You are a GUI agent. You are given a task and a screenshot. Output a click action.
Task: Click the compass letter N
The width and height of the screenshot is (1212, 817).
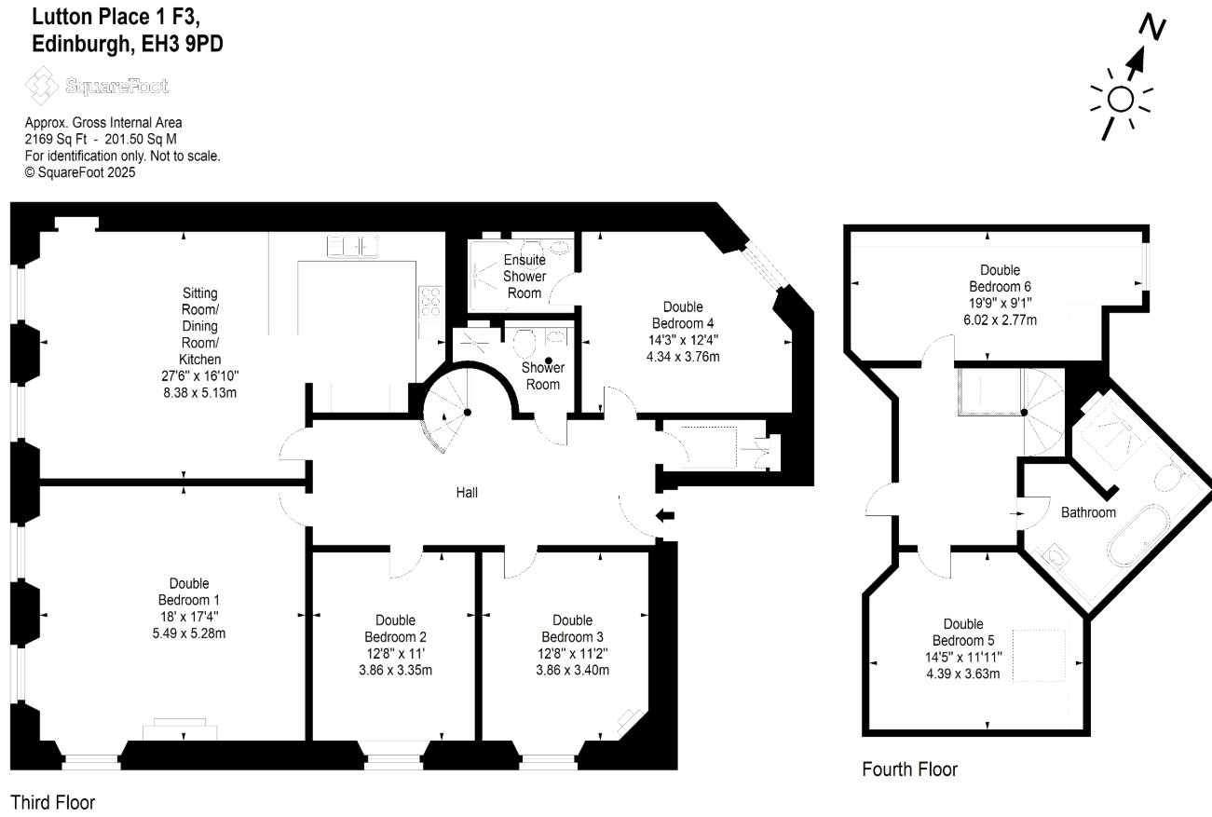pyautogui.click(x=1152, y=26)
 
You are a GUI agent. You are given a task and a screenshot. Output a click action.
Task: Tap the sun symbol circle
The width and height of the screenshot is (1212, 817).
pyautogui.click(x=1121, y=100)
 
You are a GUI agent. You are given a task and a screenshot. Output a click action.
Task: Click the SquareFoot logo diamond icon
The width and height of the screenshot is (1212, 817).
pyautogui.click(x=41, y=86)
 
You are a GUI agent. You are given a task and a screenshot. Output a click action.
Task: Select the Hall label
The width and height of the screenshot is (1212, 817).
pyautogui.click(x=467, y=493)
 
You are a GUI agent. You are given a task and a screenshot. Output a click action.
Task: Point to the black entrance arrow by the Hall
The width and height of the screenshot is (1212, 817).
pyautogui.click(x=665, y=515)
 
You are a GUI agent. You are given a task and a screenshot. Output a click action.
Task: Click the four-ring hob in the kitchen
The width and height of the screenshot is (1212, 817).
pyautogui.click(x=430, y=302)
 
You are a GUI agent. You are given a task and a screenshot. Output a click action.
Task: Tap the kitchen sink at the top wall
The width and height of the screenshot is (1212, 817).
pyautogui.click(x=352, y=246)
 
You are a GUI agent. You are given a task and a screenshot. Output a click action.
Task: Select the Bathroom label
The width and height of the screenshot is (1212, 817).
pyautogui.click(x=1088, y=512)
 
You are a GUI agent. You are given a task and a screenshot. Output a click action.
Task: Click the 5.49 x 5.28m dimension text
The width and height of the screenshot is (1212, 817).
pyautogui.click(x=189, y=633)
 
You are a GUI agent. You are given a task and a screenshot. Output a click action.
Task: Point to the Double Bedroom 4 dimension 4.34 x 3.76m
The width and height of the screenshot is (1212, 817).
pyautogui.click(x=683, y=357)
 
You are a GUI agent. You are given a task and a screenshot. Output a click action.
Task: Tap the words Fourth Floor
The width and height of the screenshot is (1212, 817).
pyautogui.click(x=909, y=769)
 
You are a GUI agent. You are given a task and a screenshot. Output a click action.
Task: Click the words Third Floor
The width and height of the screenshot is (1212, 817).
pyautogui.click(x=52, y=802)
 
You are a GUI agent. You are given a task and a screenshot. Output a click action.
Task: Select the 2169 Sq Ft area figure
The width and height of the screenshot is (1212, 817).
pyautogui.click(x=56, y=139)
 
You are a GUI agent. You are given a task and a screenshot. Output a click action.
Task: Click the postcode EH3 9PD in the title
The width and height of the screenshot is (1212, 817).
pyautogui.click(x=183, y=43)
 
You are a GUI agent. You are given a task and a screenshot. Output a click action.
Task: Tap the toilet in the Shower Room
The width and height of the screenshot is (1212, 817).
pyautogui.click(x=524, y=343)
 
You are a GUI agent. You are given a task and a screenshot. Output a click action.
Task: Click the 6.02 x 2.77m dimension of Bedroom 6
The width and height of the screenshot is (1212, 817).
pyautogui.click(x=1000, y=320)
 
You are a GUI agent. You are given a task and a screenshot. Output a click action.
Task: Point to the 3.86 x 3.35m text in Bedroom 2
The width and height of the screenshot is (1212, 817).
pyautogui.click(x=396, y=670)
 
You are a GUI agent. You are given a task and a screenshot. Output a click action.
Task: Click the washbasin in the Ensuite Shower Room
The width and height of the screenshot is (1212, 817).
pyautogui.click(x=561, y=249)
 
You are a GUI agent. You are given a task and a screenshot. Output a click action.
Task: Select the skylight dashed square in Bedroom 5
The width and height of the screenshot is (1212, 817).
pyautogui.click(x=1039, y=655)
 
